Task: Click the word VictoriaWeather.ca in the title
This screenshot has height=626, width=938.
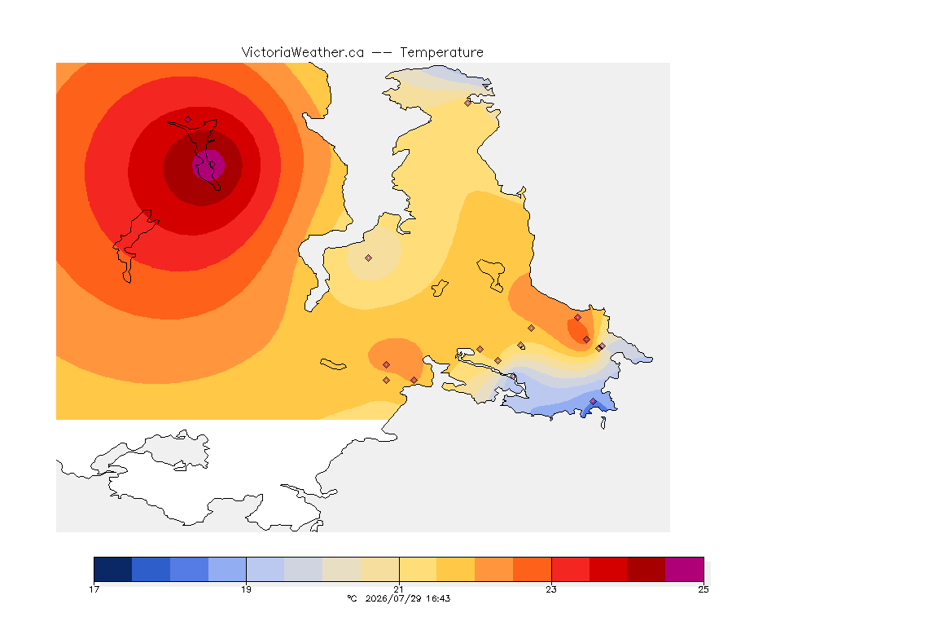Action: pyautogui.click(x=303, y=53)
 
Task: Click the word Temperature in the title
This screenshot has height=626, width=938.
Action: pyautogui.click(x=441, y=53)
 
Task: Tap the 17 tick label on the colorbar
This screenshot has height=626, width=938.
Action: pyautogui.click(x=94, y=589)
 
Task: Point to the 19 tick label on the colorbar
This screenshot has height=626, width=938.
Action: pyautogui.click(x=246, y=589)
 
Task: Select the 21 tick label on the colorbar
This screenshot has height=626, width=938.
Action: pyautogui.click(x=398, y=589)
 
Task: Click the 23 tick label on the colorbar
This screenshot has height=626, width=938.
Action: pyautogui.click(x=551, y=589)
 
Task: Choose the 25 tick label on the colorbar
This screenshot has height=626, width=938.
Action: pyautogui.click(x=703, y=589)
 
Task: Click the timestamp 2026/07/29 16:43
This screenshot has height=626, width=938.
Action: pyautogui.click(x=407, y=598)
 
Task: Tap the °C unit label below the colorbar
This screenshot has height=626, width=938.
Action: pyautogui.click(x=353, y=598)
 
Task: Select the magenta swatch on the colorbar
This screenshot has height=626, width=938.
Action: pyautogui.click(x=684, y=569)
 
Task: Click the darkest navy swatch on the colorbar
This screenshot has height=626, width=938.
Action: pyautogui.click(x=113, y=569)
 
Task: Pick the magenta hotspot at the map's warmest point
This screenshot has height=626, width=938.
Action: pyautogui.click(x=208, y=165)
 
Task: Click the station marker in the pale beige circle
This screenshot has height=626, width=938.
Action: pyautogui.click(x=369, y=258)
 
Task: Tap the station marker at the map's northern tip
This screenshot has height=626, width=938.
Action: pyautogui.click(x=468, y=103)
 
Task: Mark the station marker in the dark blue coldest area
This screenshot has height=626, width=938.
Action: pyautogui.click(x=594, y=402)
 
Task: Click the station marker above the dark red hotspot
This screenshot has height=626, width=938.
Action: pyautogui.click(x=188, y=120)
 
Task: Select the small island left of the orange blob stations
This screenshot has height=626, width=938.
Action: pyautogui.click(x=333, y=364)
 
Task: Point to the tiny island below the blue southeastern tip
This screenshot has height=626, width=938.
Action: pyautogui.click(x=603, y=423)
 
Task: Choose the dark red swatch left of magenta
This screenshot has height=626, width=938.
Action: pyautogui.click(x=646, y=569)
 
